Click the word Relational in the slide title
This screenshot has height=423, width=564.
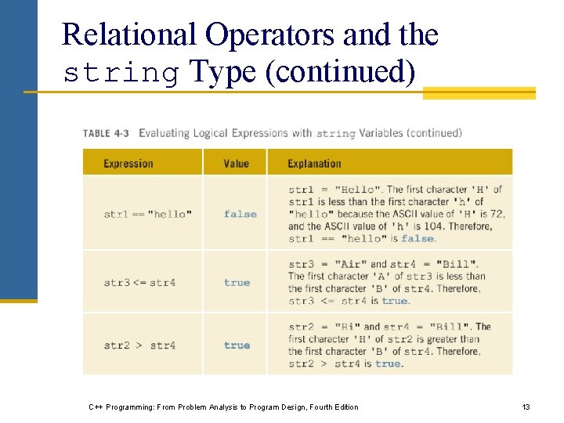point(128,34)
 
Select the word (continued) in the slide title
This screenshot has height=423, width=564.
point(340,71)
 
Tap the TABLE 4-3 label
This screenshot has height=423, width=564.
point(107,133)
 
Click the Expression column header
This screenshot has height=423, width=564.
point(128,164)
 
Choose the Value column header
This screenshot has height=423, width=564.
point(236,164)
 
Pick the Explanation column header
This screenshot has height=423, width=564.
point(314,164)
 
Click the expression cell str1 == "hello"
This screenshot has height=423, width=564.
point(147,214)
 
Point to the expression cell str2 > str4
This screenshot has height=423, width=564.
point(139,345)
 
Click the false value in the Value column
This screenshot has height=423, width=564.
point(240,214)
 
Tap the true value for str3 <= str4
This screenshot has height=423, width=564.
point(237,283)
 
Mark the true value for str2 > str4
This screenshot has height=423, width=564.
point(237,345)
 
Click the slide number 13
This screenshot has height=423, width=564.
point(526,407)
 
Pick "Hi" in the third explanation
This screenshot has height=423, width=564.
point(346,327)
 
